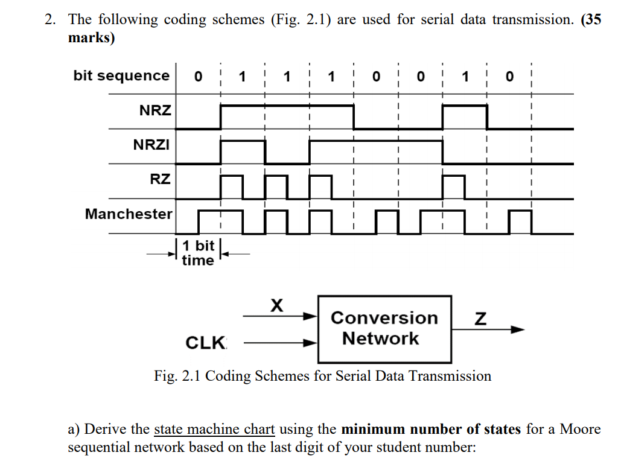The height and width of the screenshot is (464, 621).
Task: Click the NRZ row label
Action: tap(155, 111)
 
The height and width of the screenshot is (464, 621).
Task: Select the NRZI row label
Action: tap(151, 145)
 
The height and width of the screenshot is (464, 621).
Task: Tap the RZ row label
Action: tap(160, 179)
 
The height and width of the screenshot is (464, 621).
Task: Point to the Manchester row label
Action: tap(128, 214)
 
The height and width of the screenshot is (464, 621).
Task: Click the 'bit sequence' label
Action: tap(121, 76)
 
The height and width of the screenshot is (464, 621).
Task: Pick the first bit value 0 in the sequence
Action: tap(198, 77)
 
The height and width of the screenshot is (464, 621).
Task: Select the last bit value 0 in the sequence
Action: tap(510, 77)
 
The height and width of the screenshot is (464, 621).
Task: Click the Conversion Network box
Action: tap(384, 328)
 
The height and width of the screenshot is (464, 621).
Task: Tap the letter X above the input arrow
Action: tap(276, 305)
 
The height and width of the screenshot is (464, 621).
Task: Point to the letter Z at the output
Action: tap(480, 319)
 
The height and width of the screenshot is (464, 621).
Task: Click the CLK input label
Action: tap(205, 343)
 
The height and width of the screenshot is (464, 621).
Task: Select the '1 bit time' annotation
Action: tap(198, 253)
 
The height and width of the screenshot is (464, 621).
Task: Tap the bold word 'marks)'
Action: tap(91, 37)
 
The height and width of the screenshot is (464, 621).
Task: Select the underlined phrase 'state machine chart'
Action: tap(214, 430)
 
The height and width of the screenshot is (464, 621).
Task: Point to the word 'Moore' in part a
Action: tap(580, 430)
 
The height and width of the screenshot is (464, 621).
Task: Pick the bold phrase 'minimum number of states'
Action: tap(430, 430)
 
